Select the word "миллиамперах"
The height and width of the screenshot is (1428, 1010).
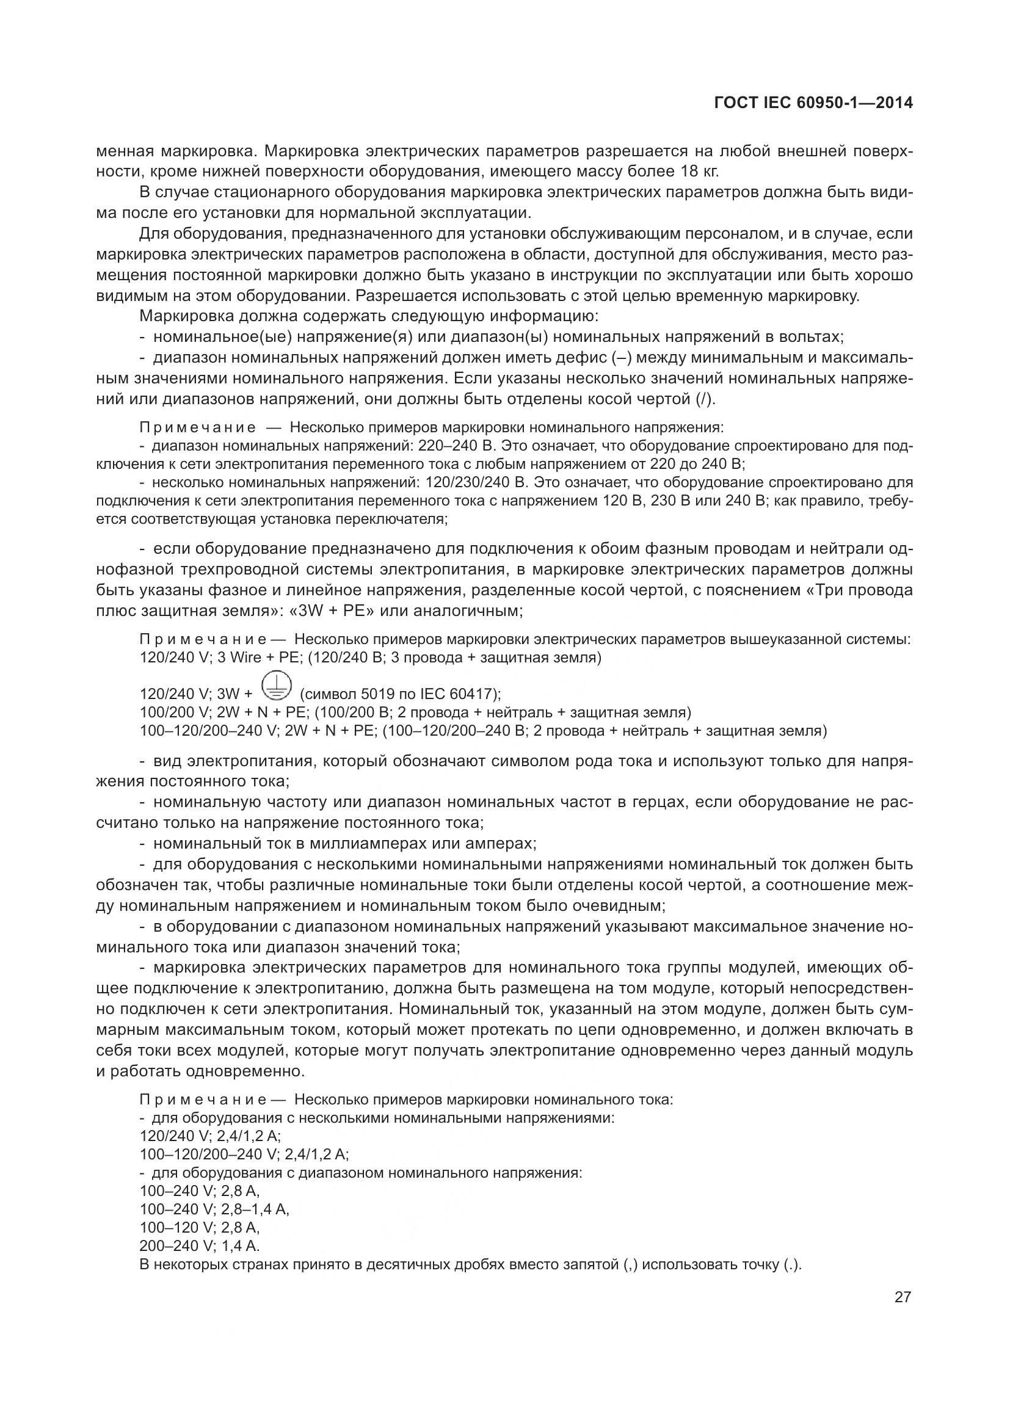click(375, 844)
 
